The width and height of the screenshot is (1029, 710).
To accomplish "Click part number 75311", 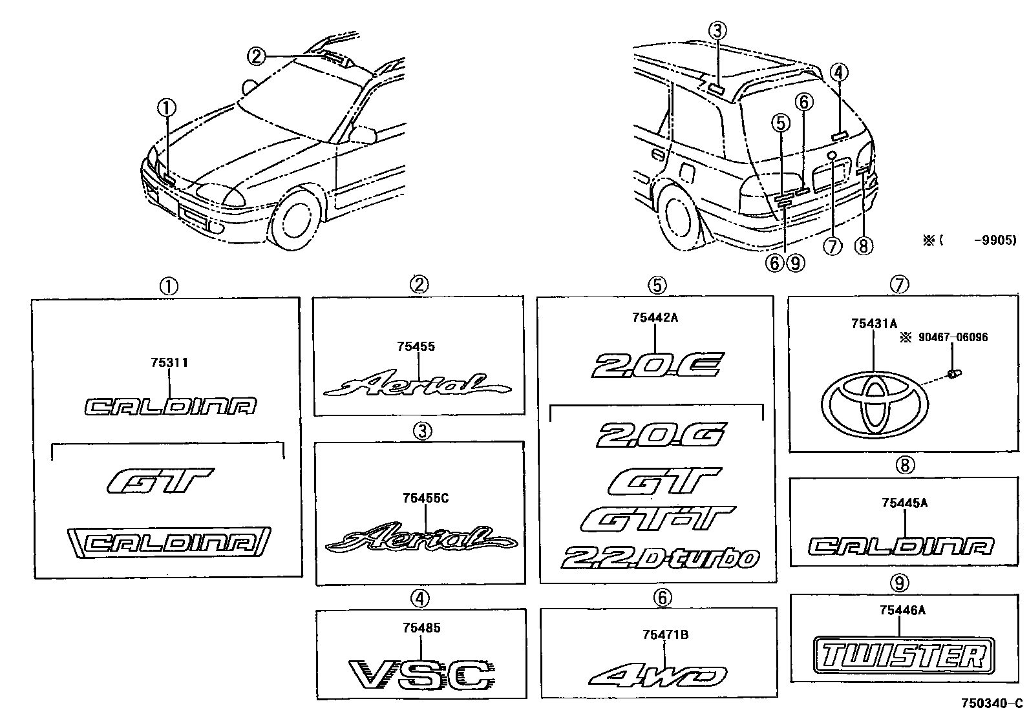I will [x=169, y=363].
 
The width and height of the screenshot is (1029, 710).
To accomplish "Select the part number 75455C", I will [x=425, y=498].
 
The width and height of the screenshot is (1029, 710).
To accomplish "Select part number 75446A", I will [x=902, y=610].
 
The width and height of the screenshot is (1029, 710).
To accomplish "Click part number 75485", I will [x=421, y=627].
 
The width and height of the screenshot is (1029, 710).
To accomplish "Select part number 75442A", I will [x=655, y=318].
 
